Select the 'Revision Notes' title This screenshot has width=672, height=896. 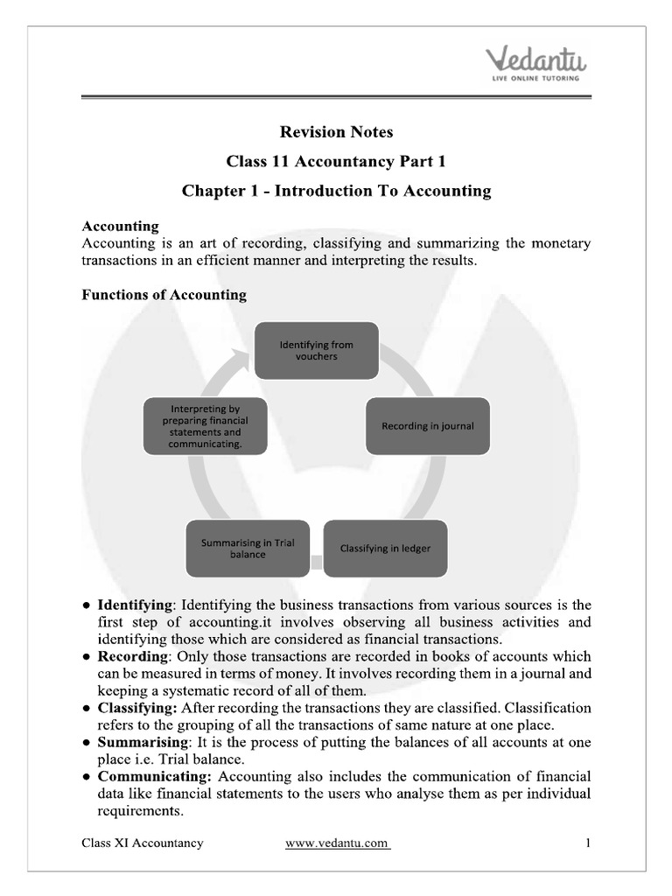click(x=336, y=132)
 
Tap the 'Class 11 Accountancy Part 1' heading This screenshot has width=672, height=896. click(x=336, y=161)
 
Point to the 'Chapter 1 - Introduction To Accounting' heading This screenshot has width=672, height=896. click(x=336, y=190)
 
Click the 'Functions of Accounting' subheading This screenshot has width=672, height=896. click(x=164, y=295)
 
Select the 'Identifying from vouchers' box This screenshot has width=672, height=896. click(x=316, y=351)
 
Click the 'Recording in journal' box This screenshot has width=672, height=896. click(x=427, y=425)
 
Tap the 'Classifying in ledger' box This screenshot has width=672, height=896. click(x=385, y=549)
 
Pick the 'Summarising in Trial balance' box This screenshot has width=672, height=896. click(x=248, y=549)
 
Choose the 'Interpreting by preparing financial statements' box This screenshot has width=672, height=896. click(x=206, y=426)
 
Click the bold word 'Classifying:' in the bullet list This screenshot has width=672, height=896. click(x=138, y=707)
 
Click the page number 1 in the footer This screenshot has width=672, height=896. click(x=588, y=843)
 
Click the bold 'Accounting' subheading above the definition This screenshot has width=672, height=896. click(x=120, y=226)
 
